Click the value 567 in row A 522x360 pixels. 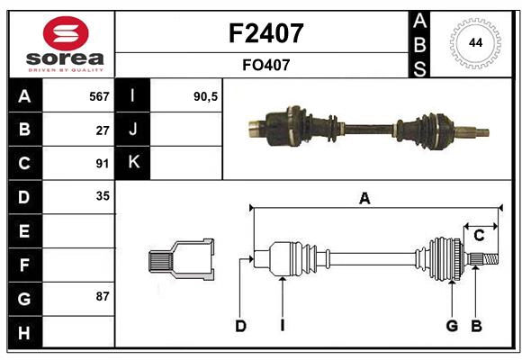(98, 96)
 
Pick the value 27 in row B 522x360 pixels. (102, 130)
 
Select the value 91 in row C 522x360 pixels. (102, 164)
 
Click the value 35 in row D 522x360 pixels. (102, 196)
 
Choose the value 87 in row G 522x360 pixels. (102, 296)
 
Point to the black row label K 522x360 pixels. (133, 163)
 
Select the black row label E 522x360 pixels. (24, 231)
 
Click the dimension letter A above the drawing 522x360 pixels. (364, 199)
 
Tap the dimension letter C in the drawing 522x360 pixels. (479, 235)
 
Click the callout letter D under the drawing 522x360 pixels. (240, 326)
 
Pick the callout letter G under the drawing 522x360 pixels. (452, 326)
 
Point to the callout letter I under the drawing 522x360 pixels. (282, 326)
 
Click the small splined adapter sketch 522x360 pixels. (181, 260)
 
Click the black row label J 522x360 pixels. (133, 130)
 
